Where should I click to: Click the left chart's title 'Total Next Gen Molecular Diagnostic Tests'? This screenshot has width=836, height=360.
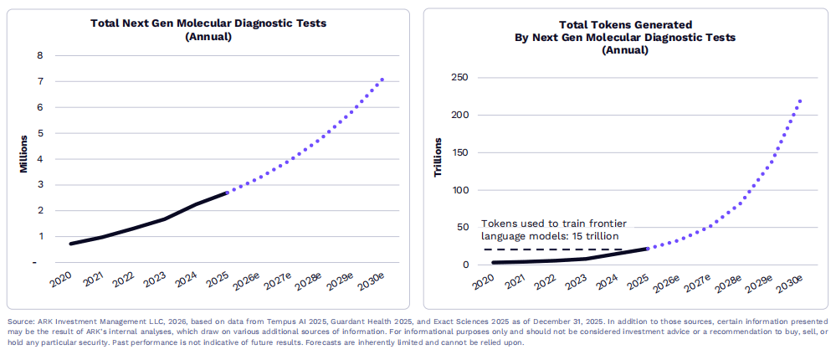coord(208,23)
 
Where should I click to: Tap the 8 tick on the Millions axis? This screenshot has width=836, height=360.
coord(39,56)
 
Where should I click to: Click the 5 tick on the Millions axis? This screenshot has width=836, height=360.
coord(39,133)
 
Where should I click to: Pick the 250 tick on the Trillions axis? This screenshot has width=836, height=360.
coord(459,78)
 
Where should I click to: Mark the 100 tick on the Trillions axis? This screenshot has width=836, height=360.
coord(459,190)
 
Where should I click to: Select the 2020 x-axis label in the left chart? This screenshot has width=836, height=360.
coord(60,279)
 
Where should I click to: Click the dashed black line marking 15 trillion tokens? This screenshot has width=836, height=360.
coord(552,249)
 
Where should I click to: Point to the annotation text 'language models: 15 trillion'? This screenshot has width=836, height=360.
coord(553,237)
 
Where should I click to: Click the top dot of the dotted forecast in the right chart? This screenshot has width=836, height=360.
coord(799,101)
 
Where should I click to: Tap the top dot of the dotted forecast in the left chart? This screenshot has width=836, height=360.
coord(382,80)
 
